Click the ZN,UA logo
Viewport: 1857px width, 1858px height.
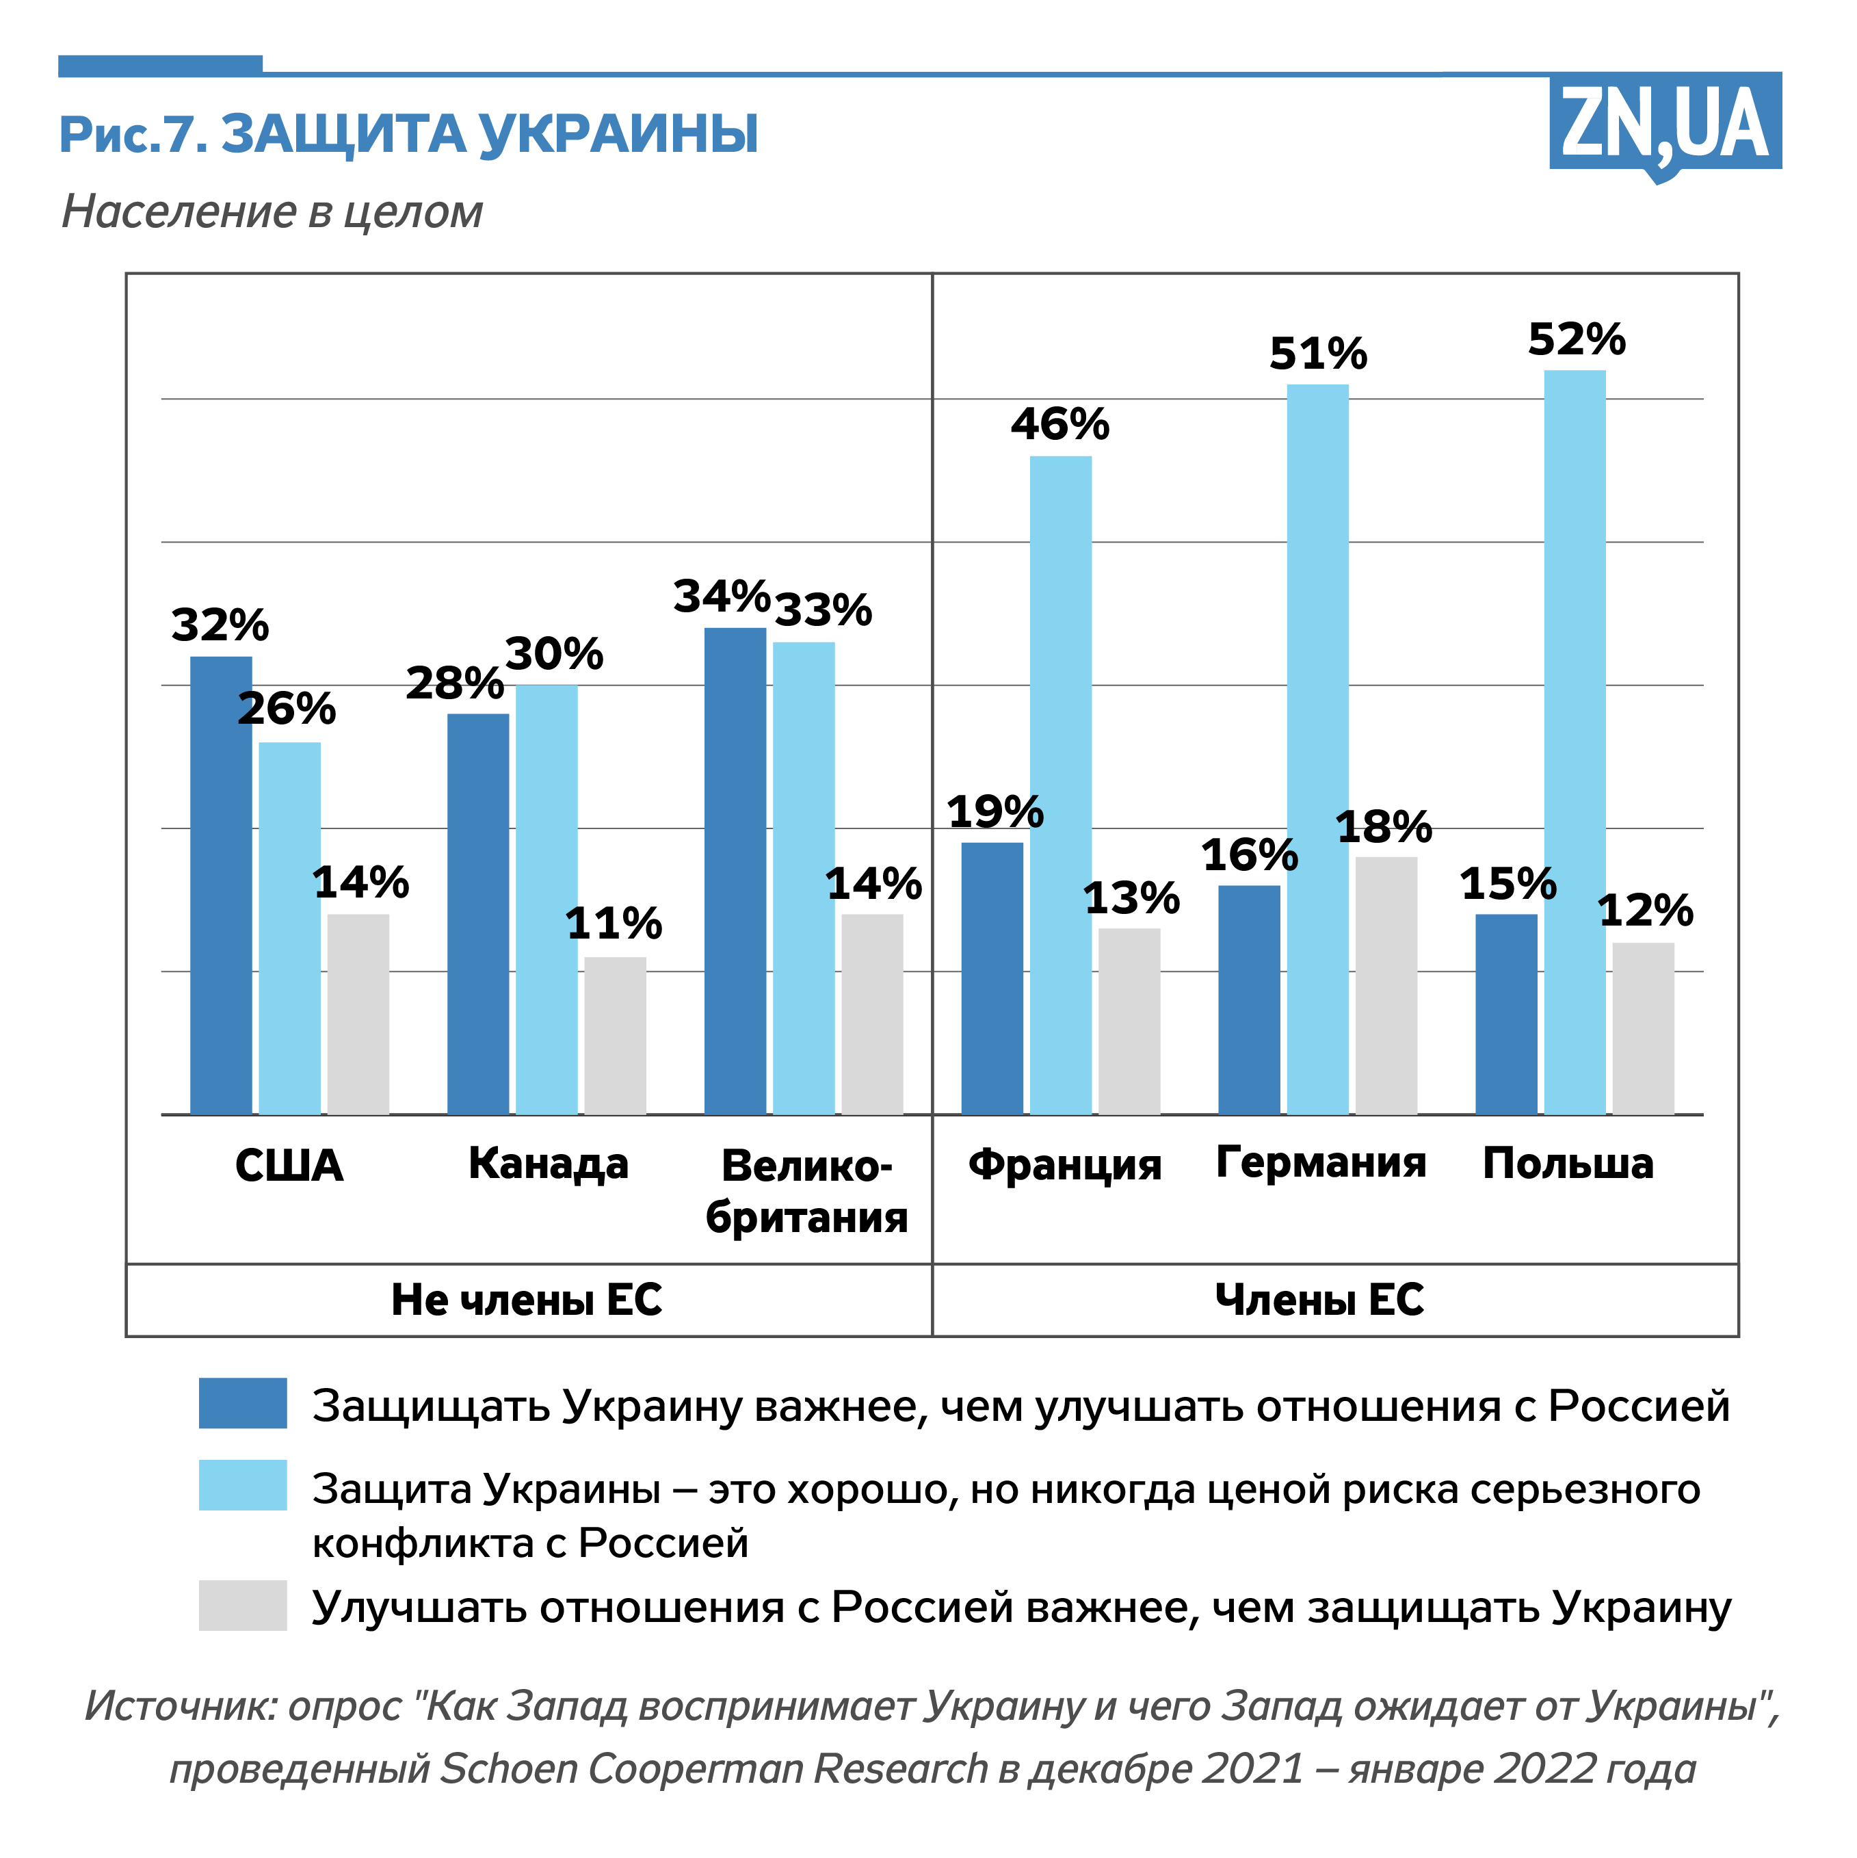[x=1665, y=123]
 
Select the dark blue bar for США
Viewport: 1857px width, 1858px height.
[x=220, y=885]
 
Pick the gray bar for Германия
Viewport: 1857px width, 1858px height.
[x=1386, y=985]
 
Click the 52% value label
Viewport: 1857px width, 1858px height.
[x=1576, y=339]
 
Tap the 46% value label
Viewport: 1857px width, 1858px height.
[x=1059, y=424]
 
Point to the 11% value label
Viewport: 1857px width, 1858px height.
[x=614, y=924]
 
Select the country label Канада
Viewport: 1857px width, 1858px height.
[x=548, y=1164]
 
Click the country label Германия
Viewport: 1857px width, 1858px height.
[x=1320, y=1162]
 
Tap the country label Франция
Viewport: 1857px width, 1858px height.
[x=1064, y=1164]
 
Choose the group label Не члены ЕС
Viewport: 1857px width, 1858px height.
[x=526, y=1299]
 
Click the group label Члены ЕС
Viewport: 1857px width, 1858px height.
[x=1319, y=1299]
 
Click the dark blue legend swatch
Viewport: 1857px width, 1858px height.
[x=242, y=1403]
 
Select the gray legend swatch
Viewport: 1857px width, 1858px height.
[x=242, y=1605]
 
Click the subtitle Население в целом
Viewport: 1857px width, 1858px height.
[x=272, y=211]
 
